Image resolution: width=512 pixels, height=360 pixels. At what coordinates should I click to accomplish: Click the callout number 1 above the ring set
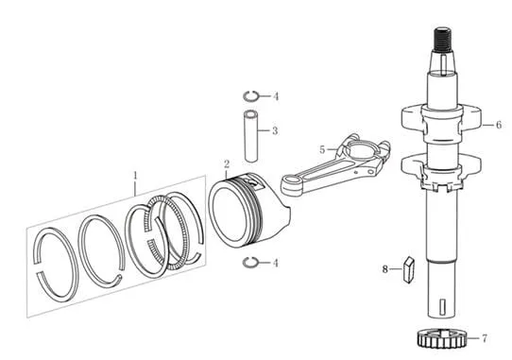pyautogui.click(x=135, y=176)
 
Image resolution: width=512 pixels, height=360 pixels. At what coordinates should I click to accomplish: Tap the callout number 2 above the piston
pyautogui.click(x=227, y=164)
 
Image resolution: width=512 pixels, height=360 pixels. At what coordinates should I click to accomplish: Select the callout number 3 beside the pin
pyautogui.click(x=275, y=130)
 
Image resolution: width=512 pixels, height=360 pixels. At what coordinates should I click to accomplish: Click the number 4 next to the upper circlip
pyautogui.click(x=276, y=96)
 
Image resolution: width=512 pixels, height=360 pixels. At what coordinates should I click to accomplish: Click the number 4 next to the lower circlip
pyautogui.click(x=276, y=263)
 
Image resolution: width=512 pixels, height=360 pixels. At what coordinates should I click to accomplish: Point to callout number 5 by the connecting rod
pyautogui.click(x=322, y=150)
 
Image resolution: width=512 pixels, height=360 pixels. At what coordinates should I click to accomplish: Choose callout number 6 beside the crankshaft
pyautogui.click(x=499, y=125)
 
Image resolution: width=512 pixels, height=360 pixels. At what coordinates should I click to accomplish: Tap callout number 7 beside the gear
pyautogui.click(x=485, y=338)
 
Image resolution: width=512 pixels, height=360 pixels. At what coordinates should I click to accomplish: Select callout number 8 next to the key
pyautogui.click(x=385, y=269)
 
